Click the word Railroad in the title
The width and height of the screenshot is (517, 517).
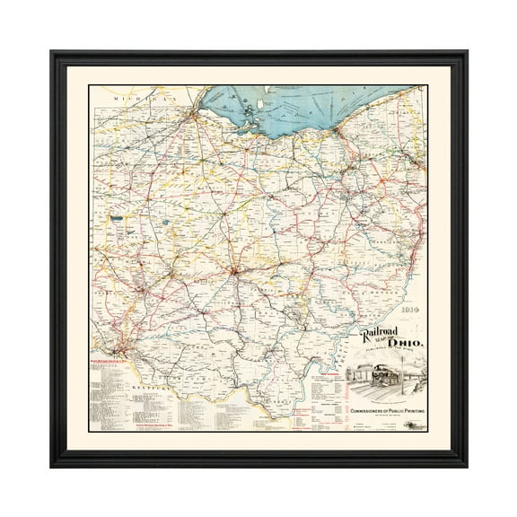pyautogui.click(x=378, y=335)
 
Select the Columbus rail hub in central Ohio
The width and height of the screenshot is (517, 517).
pyautogui.click(x=235, y=268)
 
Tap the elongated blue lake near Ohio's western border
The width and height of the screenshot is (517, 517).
pyautogui.click(x=116, y=216)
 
